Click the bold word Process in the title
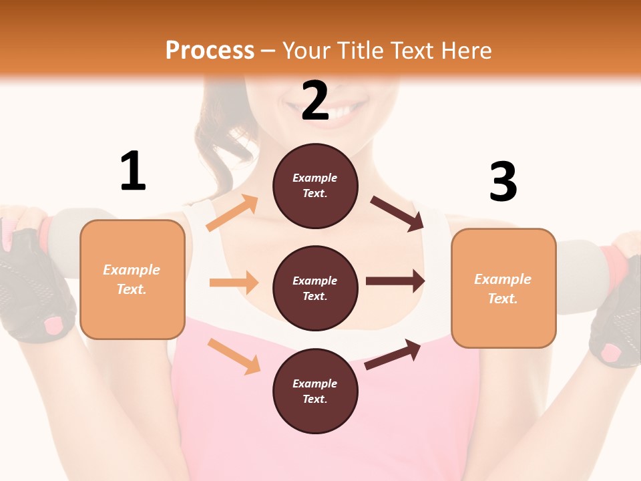click(210, 51)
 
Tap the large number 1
click(133, 172)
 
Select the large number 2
click(315, 101)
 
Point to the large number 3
click(503, 182)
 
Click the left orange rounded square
click(132, 279)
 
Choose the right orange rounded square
click(503, 288)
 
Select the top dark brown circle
click(315, 186)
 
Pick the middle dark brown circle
click(315, 288)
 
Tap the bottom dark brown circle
click(315, 391)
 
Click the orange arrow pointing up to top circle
click(232, 213)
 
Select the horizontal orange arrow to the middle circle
click(234, 283)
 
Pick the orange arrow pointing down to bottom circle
click(234, 356)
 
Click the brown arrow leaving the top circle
click(397, 214)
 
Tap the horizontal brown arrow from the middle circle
click(395, 281)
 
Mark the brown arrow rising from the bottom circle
click(393, 354)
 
